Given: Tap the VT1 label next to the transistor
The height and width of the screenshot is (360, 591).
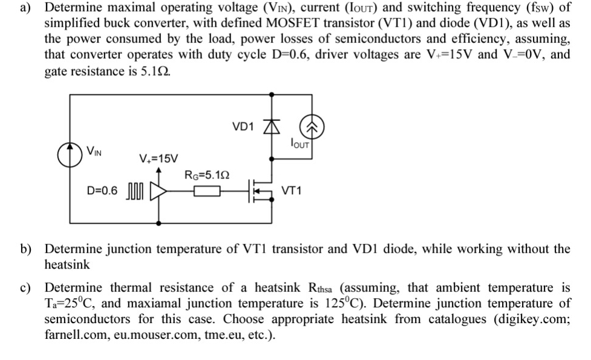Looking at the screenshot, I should (292, 192).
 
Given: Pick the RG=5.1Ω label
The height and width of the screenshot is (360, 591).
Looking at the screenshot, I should (206, 175).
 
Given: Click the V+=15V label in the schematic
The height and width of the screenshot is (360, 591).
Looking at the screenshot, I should (158, 159).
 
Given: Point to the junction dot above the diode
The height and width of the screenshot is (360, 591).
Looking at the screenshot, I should (273, 94).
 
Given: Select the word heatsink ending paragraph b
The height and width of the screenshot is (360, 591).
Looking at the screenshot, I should (67, 264).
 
